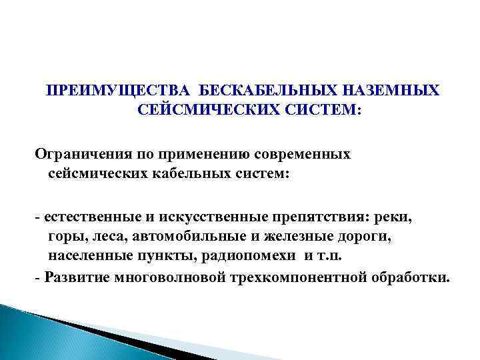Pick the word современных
click(313, 154)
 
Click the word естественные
click(87, 217)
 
